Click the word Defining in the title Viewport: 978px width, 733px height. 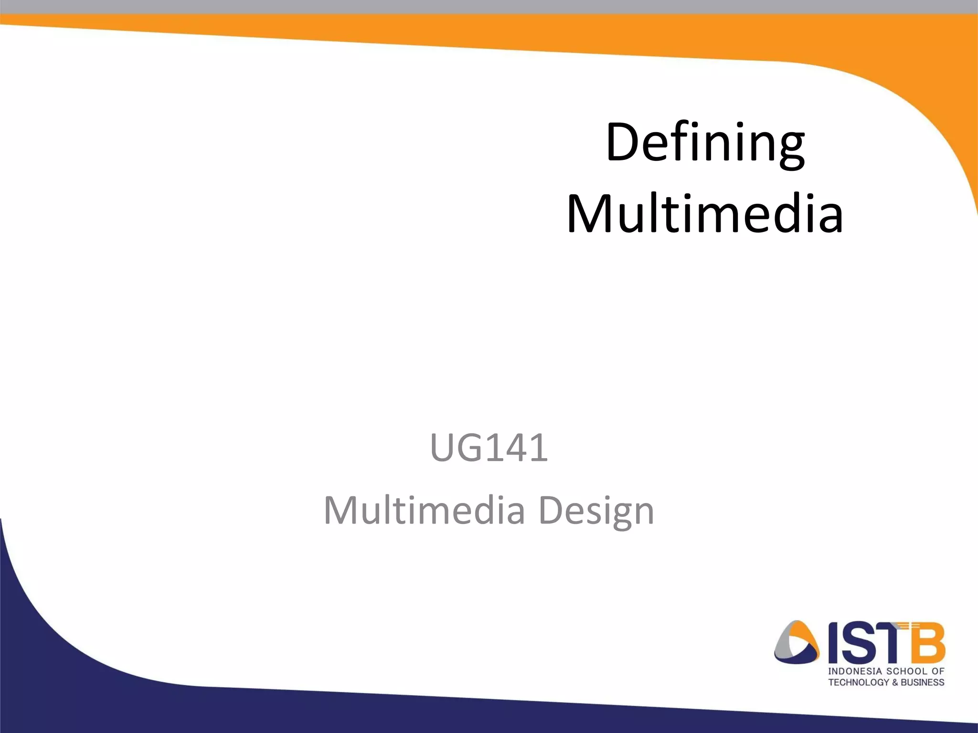pos(705,143)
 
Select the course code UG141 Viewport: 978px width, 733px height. pos(489,448)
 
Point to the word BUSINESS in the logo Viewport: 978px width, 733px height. pos(923,682)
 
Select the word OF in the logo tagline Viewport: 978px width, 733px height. pos(938,671)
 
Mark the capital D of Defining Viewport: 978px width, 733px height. pos(620,143)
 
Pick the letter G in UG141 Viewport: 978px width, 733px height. pos(467,448)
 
